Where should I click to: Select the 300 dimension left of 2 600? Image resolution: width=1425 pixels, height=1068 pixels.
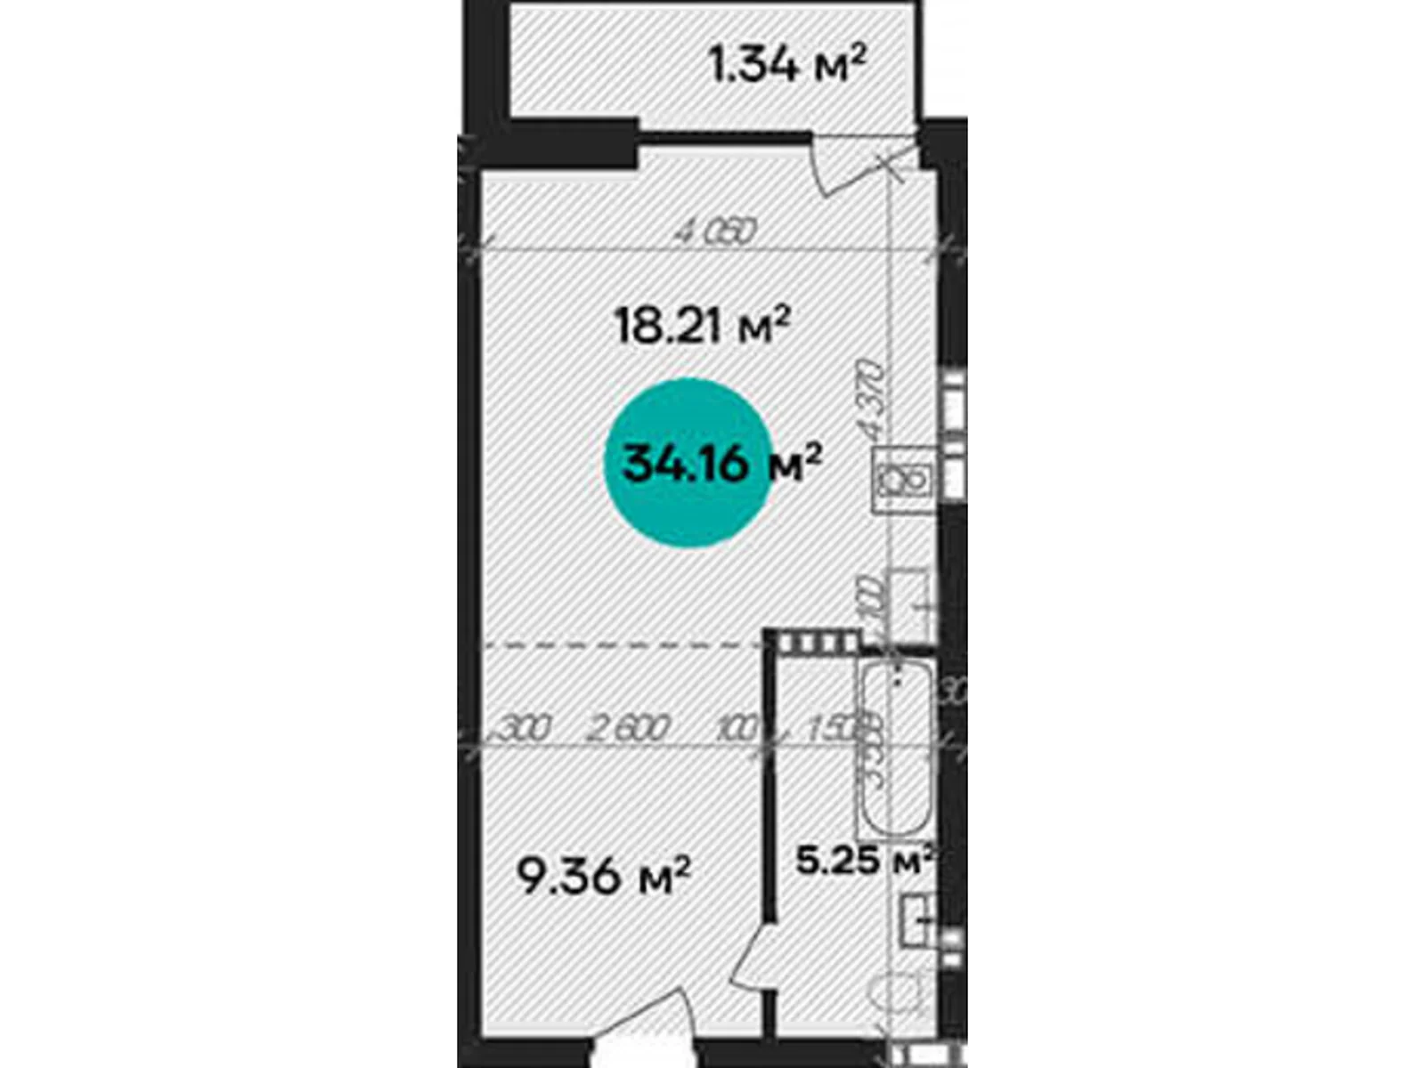tap(521, 730)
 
